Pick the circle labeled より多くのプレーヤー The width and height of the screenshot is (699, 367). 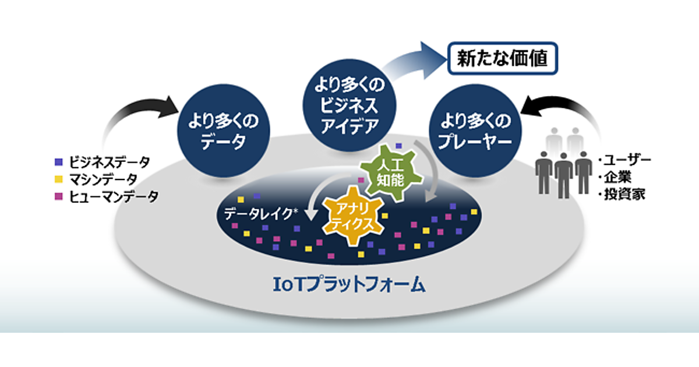pos(473,132)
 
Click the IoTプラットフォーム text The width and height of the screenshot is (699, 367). pos(349,284)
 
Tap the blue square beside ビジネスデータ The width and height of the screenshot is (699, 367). pos(58,161)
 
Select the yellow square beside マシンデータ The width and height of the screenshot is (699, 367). pos(58,179)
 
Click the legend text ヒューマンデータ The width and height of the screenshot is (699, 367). pos(113,196)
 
